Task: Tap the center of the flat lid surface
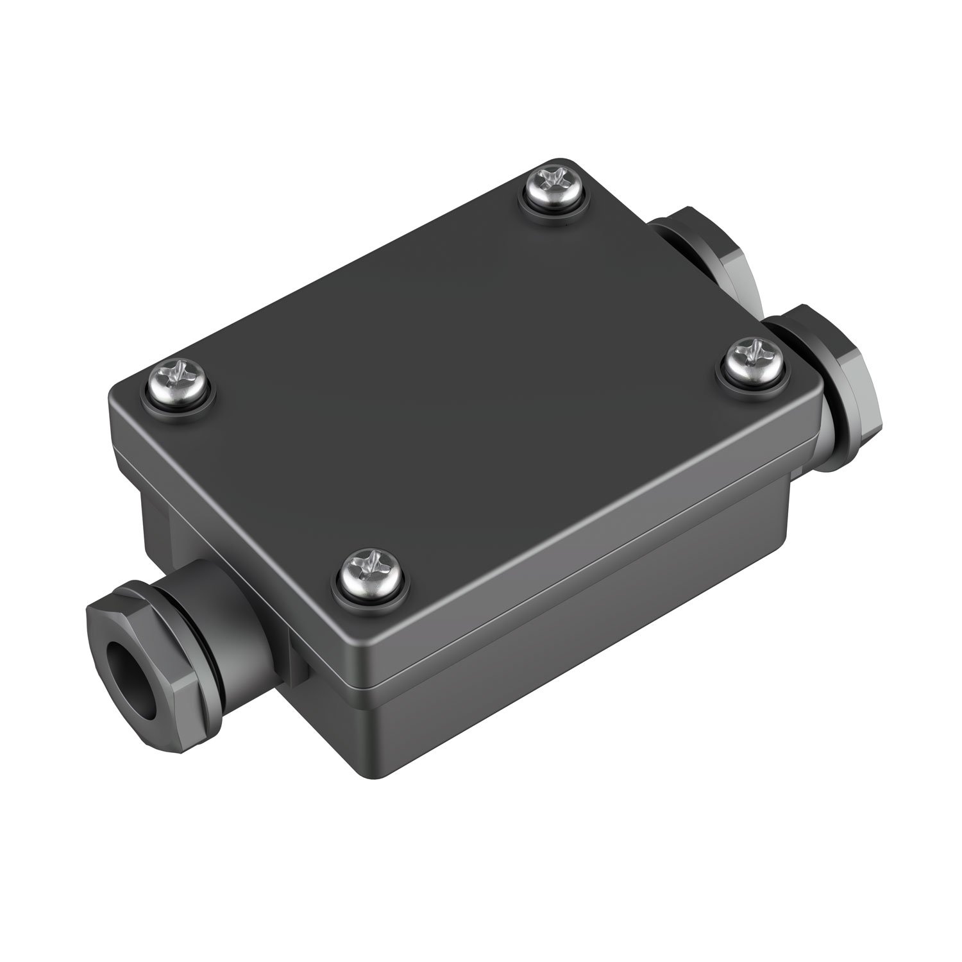[468, 385]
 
